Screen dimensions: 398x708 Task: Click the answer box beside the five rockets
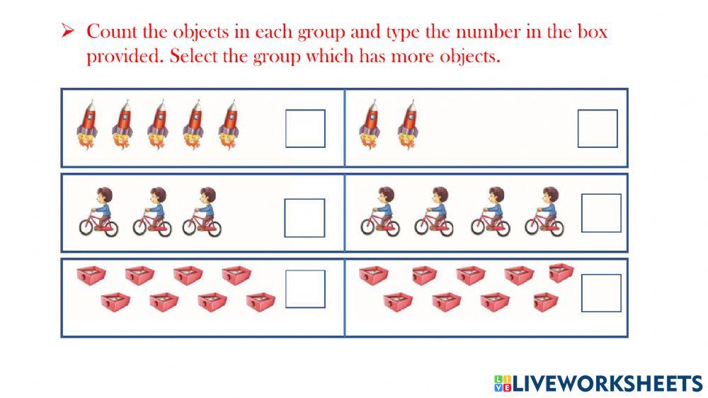point(305,128)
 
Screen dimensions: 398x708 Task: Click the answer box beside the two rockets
point(598,128)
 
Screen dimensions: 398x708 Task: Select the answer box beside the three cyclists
point(304,217)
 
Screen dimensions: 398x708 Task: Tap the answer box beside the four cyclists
point(601,213)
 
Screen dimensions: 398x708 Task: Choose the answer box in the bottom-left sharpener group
point(305,289)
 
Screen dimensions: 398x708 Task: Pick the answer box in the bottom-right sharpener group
point(601,293)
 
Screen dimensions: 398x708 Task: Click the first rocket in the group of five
point(88,126)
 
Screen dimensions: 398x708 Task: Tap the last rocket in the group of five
point(228,126)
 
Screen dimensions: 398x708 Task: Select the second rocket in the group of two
point(407,126)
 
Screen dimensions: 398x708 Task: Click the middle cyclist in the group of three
point(152,212)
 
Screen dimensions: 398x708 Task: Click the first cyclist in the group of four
point(380,211)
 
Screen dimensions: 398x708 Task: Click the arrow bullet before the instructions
point(68,31)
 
